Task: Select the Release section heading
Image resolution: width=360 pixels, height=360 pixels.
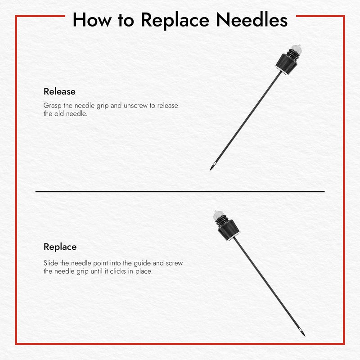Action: (59, 91)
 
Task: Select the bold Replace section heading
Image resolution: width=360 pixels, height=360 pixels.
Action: (60, 247)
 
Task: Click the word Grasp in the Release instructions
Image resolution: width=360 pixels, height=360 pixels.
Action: (52, 106)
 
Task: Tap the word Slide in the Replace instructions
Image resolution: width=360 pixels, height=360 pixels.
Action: (51, 263)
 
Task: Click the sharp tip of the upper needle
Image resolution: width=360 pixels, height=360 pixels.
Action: (211, 169)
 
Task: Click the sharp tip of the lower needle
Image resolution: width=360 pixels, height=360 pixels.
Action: (305, 335)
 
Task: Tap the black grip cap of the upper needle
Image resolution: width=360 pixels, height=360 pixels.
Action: (286, 64)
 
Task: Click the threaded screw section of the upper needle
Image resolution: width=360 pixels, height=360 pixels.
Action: (292, 54)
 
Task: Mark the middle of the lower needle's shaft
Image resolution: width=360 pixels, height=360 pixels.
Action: (268, 286)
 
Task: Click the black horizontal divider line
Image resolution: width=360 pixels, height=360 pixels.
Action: (180, 192)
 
